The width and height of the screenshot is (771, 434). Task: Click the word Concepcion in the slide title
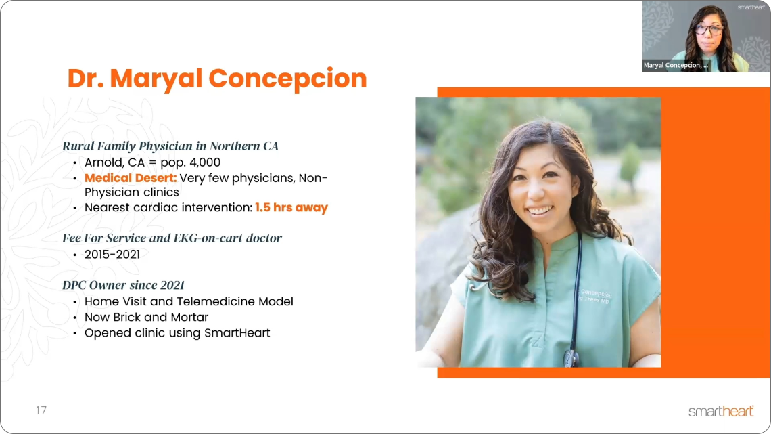[287, 79]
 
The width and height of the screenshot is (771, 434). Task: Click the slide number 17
[41, 410]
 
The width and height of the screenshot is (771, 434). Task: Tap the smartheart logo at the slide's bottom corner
[721, 411]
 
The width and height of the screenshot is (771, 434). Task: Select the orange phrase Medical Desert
[131, 177]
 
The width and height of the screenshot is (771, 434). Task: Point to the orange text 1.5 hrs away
[291, 207]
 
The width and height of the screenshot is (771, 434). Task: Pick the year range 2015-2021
[112, 255]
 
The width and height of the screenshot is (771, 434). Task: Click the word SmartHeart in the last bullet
[237, 332]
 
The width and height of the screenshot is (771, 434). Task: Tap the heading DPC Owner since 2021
[123, 285]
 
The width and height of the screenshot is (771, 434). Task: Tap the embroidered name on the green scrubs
[595, 297]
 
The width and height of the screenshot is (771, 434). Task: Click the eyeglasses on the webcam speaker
[708, 30]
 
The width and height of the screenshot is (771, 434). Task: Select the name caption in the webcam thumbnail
[676, 65]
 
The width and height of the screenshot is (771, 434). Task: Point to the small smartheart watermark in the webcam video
[751, 7]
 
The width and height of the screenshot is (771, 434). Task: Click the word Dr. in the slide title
[85, 79]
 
